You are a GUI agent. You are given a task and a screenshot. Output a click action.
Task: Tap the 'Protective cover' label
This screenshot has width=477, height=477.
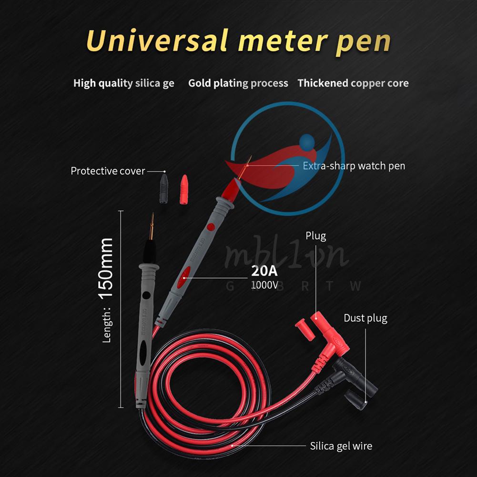click(108, 171)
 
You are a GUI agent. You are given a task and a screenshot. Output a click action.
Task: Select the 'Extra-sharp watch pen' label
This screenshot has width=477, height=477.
click(354, 166)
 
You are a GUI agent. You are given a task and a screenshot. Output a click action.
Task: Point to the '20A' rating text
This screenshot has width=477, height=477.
click(264, 272)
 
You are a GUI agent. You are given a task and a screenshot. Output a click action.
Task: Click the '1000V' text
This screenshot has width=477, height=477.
click(264, 284)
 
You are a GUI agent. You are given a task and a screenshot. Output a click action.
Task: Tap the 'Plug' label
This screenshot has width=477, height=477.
click(315, 236)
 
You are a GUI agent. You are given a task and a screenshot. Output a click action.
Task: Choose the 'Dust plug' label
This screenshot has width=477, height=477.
click(365, 318)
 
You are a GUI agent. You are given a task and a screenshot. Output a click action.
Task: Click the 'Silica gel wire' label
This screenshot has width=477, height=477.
click(341, 446)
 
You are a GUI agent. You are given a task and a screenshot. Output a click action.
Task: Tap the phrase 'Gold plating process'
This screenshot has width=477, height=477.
click(238, 83)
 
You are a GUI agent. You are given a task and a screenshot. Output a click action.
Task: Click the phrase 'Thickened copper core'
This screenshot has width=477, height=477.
click(353, 83)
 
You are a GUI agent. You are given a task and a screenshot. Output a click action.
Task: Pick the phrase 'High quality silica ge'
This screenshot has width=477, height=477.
click(123, 83)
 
